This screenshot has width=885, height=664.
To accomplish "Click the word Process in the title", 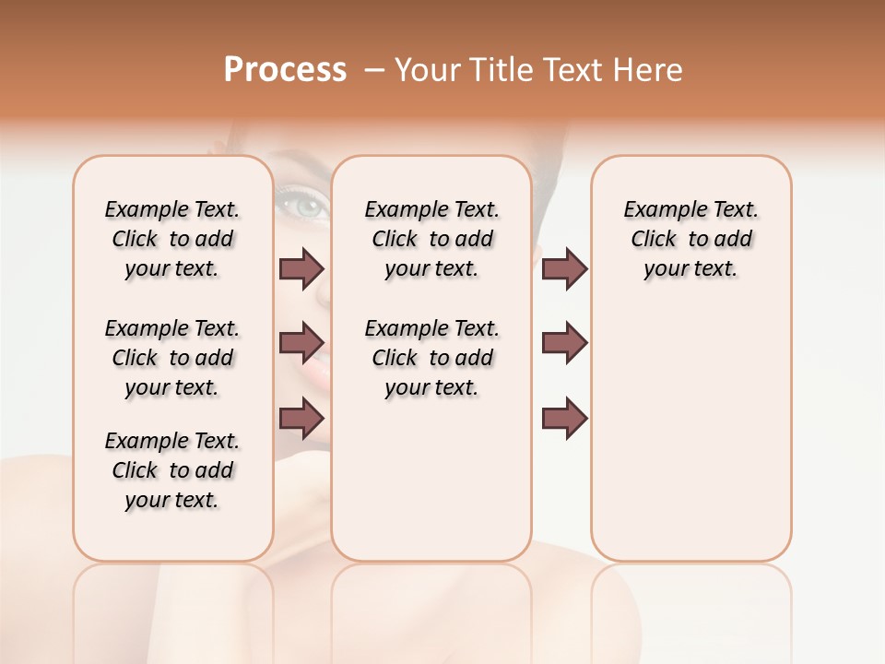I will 285,70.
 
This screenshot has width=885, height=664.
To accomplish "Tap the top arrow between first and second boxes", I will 301,268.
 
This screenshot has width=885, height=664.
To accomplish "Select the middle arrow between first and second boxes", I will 301,343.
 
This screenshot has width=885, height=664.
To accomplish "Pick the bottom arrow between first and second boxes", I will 301,418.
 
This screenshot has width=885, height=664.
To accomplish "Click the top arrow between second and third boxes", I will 564,268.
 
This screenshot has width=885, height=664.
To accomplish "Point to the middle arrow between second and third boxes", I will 564,343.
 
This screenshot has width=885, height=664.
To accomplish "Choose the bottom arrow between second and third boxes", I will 564,418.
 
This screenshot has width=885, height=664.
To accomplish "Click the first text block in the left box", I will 172,239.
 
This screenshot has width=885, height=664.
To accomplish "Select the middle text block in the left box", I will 172,358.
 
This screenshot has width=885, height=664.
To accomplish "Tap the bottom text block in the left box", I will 172,470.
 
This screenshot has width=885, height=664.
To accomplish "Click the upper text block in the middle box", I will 431,239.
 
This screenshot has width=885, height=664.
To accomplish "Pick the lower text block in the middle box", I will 431,358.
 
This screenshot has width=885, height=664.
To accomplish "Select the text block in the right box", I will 690,239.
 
